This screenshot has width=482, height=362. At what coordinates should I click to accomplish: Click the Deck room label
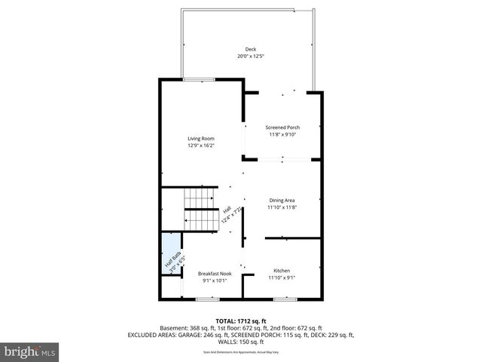(240, 49)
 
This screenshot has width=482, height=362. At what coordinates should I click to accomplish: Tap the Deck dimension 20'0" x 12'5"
(240, 57)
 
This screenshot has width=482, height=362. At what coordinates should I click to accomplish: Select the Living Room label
(201, 139)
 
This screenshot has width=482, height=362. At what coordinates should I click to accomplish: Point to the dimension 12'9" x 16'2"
(201, 146)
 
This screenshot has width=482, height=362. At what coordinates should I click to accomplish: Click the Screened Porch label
(283, 127)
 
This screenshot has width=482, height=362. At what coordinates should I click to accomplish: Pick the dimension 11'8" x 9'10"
(283, 134)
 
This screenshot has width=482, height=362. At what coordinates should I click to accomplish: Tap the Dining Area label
(282, 200)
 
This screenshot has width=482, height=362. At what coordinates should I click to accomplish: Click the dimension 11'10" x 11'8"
(282, 207)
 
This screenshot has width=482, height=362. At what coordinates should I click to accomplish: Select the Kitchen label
(282, 271)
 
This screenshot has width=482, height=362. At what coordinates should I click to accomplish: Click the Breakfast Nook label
(215, 273)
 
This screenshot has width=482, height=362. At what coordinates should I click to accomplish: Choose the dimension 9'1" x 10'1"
(215, 281)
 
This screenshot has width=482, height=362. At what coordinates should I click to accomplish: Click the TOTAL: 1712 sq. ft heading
(241, 321)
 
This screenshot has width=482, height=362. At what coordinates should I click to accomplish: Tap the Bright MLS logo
(30, 351)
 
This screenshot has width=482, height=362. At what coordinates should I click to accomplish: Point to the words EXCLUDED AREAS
(155, 334)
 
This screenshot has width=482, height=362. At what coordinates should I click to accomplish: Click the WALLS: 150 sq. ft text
(241, 341)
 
